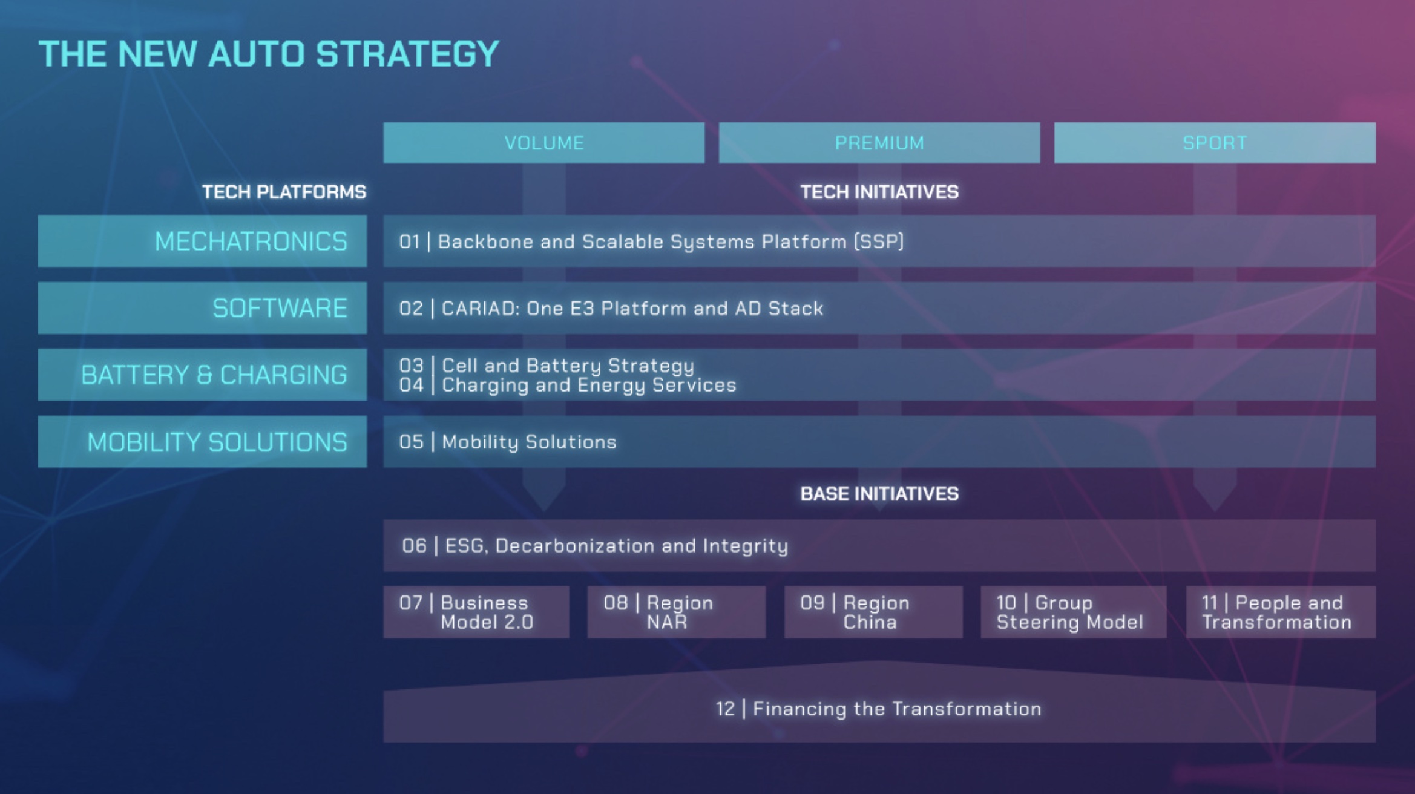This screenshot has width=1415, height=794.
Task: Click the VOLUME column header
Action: click(x=543, y=143)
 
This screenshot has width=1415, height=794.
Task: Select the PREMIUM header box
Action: click(x=879, y=143)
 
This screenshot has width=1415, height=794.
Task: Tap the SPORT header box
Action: click(x=1215, y=143)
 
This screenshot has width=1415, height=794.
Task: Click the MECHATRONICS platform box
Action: click(x=202, y=241)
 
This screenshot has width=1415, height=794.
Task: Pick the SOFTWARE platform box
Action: click(x=202, y=308)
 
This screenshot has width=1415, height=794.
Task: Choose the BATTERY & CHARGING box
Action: click(x=202, y=375)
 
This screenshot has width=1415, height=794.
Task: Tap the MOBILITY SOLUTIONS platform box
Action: click(x=202, y=442)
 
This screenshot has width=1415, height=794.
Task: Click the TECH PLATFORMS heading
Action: click(x=284, y=192)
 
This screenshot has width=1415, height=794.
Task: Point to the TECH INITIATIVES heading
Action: click(x=879, y=192)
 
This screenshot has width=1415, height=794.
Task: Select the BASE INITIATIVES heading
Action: click(x=879, y=494)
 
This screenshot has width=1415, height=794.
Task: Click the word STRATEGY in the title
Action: click(x=407, y=54)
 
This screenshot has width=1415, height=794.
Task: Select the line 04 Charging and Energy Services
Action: click(x=568, y=385)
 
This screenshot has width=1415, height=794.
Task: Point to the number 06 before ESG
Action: click(x=415, y=546)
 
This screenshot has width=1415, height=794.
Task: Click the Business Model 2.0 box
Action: click(x=476, y=612)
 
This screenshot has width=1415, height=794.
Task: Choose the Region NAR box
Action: click(x=677, y=612)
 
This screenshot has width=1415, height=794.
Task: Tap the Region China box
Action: click(x=873, y=612)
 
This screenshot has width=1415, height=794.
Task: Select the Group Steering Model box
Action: click(x=1074, y=612)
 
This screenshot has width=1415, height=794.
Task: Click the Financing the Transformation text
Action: click(x=879, y=709)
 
